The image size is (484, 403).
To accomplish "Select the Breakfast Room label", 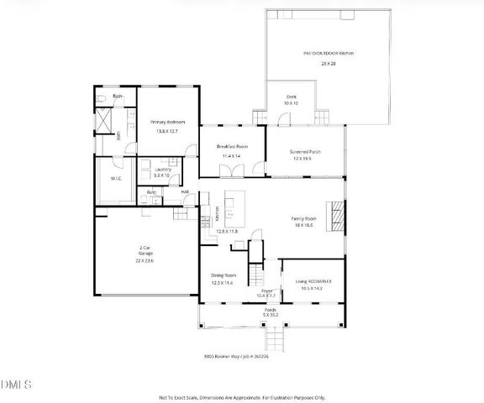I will point(231,146).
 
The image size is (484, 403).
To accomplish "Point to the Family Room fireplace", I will point(337,216).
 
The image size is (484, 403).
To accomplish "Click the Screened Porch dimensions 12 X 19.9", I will point(308,159).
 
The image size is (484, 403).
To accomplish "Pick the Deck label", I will point(292,97).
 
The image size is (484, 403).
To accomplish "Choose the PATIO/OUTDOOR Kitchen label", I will point(329,53).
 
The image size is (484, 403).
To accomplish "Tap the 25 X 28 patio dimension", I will point(329,64).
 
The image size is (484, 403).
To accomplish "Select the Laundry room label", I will point(162,170).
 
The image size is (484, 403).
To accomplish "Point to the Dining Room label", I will point(224,275).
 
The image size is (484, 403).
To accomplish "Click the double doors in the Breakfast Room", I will point(231,171).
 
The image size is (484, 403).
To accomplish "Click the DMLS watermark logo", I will point(17,384).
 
